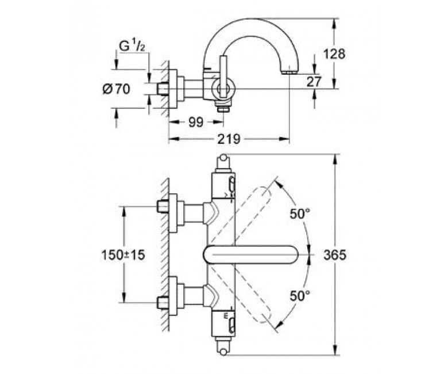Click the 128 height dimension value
pyautogui.click(x=334, y=54)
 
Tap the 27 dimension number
pyautogui.click(x=314, y=82)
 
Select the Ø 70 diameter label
pyautogui.click(x=116, y=89)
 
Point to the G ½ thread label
pyautogui.click(x=132, y=47)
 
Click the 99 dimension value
pyautogui.click(x=196, y=123)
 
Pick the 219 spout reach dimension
pyautogui.click(x=229, y=139)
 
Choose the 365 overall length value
pyautogui.click(x=335, y=255)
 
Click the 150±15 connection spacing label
pyautogui.click(x=123, y=255)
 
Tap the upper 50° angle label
pyautogui.click(x=300, y=213)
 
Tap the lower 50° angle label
pyautogui.click(x=300, y=296)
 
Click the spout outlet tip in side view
pyautogui.click(x=289, y=72)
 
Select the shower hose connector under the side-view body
pyautogui.click(x=223, y=108)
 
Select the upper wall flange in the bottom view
pyautogui.click(x=173, y=213)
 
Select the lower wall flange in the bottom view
pyautogui.click(x=173, y=296)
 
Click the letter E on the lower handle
pyautogui.click(x=226, y=316)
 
